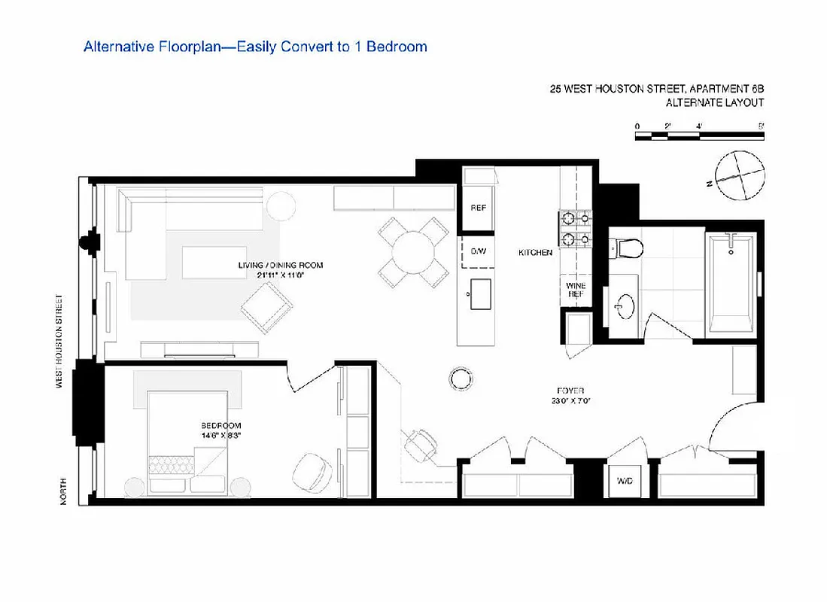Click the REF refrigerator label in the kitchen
pyautogui.click(x=477, y=208)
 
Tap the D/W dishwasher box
pyautogui.click(x=477, y=251)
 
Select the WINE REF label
pyautogui.click(x=576, y=290)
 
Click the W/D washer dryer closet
pyautogui.click(x=624, y=479)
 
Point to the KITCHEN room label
pyautogui.click(x=535, y=253)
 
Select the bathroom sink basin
pyautogui.click(x=624, y=307)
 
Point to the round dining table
pyautogui.click(x=414, y=252)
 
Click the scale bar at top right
pyautogui.click(x=699, y=136)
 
